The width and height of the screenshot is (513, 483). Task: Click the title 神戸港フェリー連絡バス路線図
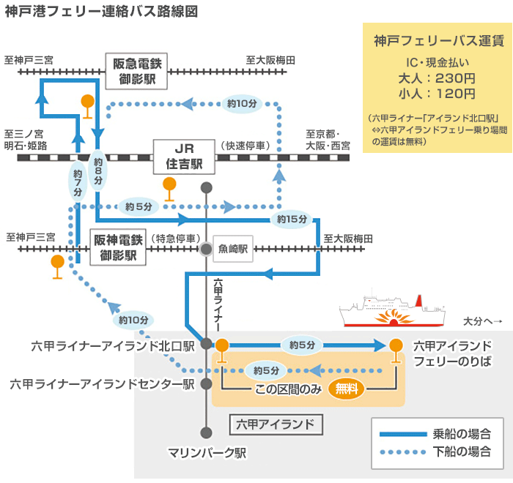tap(100, 12)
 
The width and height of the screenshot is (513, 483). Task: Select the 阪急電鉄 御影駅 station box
tap(136, 71)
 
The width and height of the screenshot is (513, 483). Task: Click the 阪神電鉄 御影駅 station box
tap(119, 247)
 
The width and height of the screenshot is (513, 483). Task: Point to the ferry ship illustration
tap(392, 312)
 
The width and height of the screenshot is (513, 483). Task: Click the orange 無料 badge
tap(346, 389)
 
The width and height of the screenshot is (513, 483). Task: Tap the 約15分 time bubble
tap(292, 219)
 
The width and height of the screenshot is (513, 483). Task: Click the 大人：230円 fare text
tap(437, 78)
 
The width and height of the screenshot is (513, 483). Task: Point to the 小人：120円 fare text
tap(437, 94)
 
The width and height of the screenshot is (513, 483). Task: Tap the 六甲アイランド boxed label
tap(276, 424)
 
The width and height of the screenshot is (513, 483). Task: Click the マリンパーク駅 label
tap(207, 452)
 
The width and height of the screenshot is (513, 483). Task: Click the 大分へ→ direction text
tap(482, 321)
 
